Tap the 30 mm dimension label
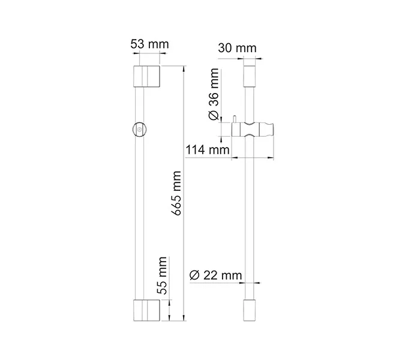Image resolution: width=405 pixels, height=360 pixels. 237,48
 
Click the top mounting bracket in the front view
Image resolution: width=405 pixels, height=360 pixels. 146,77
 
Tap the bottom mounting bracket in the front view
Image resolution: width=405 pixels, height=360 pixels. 146,310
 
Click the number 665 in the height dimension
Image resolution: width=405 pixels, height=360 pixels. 176,203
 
